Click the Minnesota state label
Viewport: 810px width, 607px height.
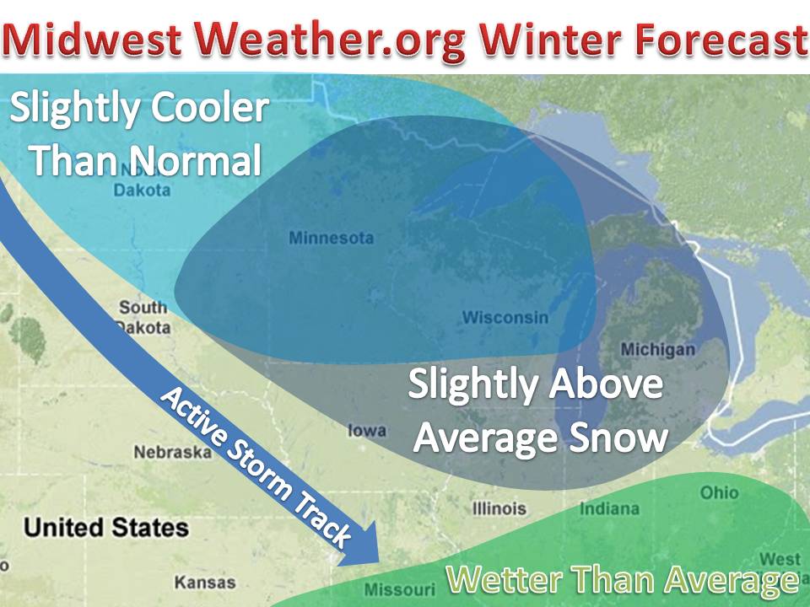[x=331, y=238]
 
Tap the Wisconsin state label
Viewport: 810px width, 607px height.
[x=505, y=317]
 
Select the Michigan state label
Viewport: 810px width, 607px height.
[x=657, y=350]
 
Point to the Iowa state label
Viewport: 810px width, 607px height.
[x=367, y=430]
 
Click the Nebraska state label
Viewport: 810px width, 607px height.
[x=172, y=452]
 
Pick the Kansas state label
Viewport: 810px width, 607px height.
[x=205, y=583]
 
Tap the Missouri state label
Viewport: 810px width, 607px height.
[x=399, y=589]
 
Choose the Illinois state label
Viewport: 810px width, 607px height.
[x=499, y=508]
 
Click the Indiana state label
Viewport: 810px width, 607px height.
[x=609, y=508]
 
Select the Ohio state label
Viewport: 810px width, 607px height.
[x=719, y=492]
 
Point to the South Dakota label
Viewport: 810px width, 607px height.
[x=143, y=317]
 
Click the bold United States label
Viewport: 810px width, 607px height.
[x=106, y=528]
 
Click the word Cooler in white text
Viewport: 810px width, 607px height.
[x=210, y=109]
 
